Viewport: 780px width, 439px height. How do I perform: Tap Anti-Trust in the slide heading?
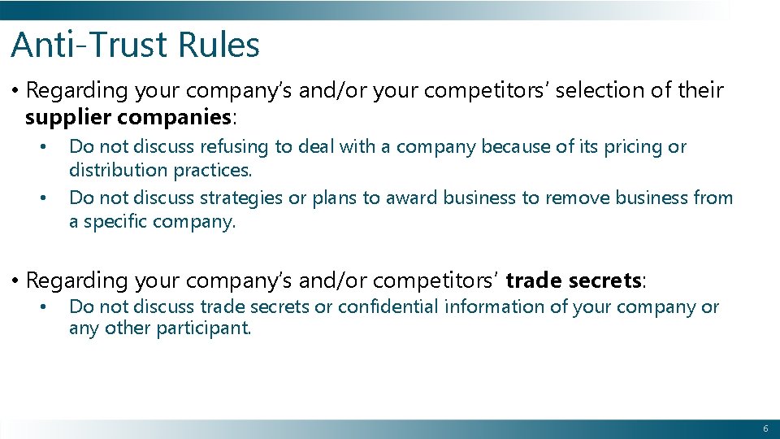point(85,45)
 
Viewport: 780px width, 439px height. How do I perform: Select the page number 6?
point(765,428)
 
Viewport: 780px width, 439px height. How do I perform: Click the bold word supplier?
point(68,117)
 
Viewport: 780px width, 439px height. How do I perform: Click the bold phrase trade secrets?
point(574,280)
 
